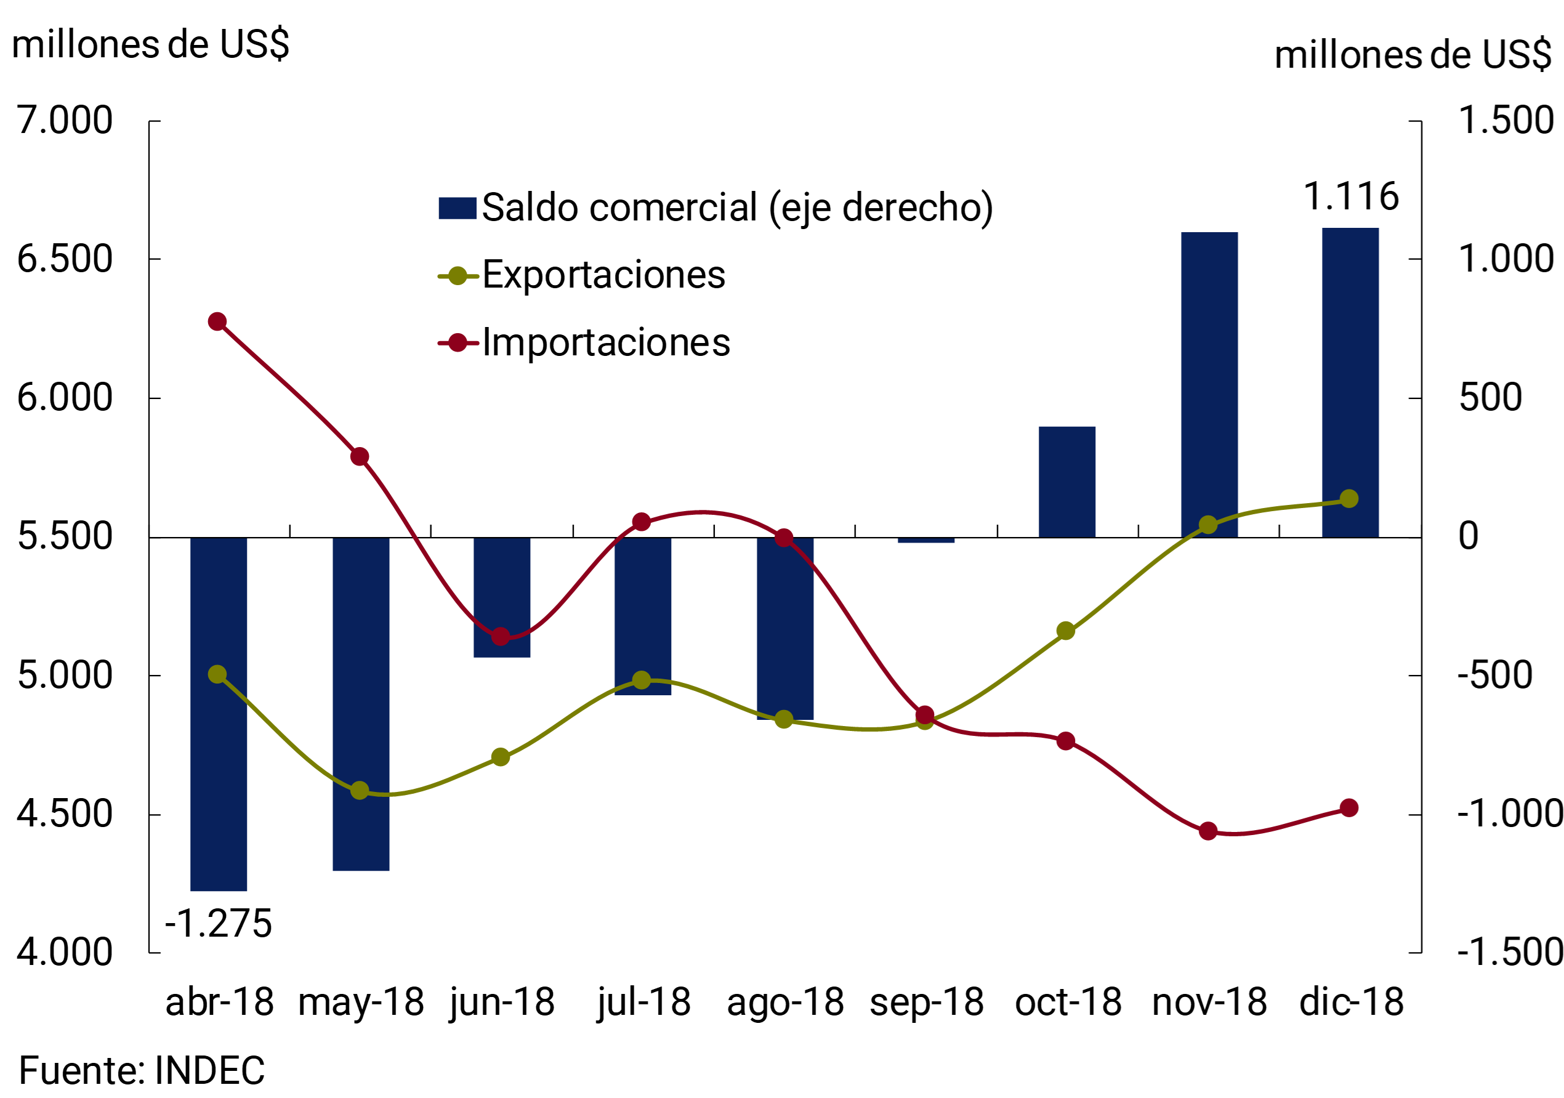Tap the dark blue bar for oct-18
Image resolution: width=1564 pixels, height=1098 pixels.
(x=1066, y=482)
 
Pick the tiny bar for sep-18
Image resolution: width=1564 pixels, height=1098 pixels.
(x=925, y=540)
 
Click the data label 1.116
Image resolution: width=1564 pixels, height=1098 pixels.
(x=1350, y=197)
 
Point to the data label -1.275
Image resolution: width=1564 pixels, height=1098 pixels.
(x=218, y=924)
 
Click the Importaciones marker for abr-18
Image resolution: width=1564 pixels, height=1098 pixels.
(x=217, y=321)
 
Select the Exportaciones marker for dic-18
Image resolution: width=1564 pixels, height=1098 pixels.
(x=1348, y=499)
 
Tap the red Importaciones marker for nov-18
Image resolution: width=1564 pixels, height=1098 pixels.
(x=1207, y=831)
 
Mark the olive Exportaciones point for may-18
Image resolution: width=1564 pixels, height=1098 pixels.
(x=360, y=791)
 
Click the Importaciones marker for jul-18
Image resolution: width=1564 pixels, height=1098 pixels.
(x=641, y=522)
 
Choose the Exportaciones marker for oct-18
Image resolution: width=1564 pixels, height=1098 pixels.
(x=1066, y=631)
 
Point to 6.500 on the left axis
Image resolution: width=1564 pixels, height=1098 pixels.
(x=65, y=259)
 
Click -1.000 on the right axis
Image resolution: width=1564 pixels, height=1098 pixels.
(x=1509, y=813)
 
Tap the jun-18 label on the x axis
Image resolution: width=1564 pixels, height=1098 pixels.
(x=502, y=1003)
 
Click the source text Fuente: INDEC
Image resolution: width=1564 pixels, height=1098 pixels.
(x=142, y=1071)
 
